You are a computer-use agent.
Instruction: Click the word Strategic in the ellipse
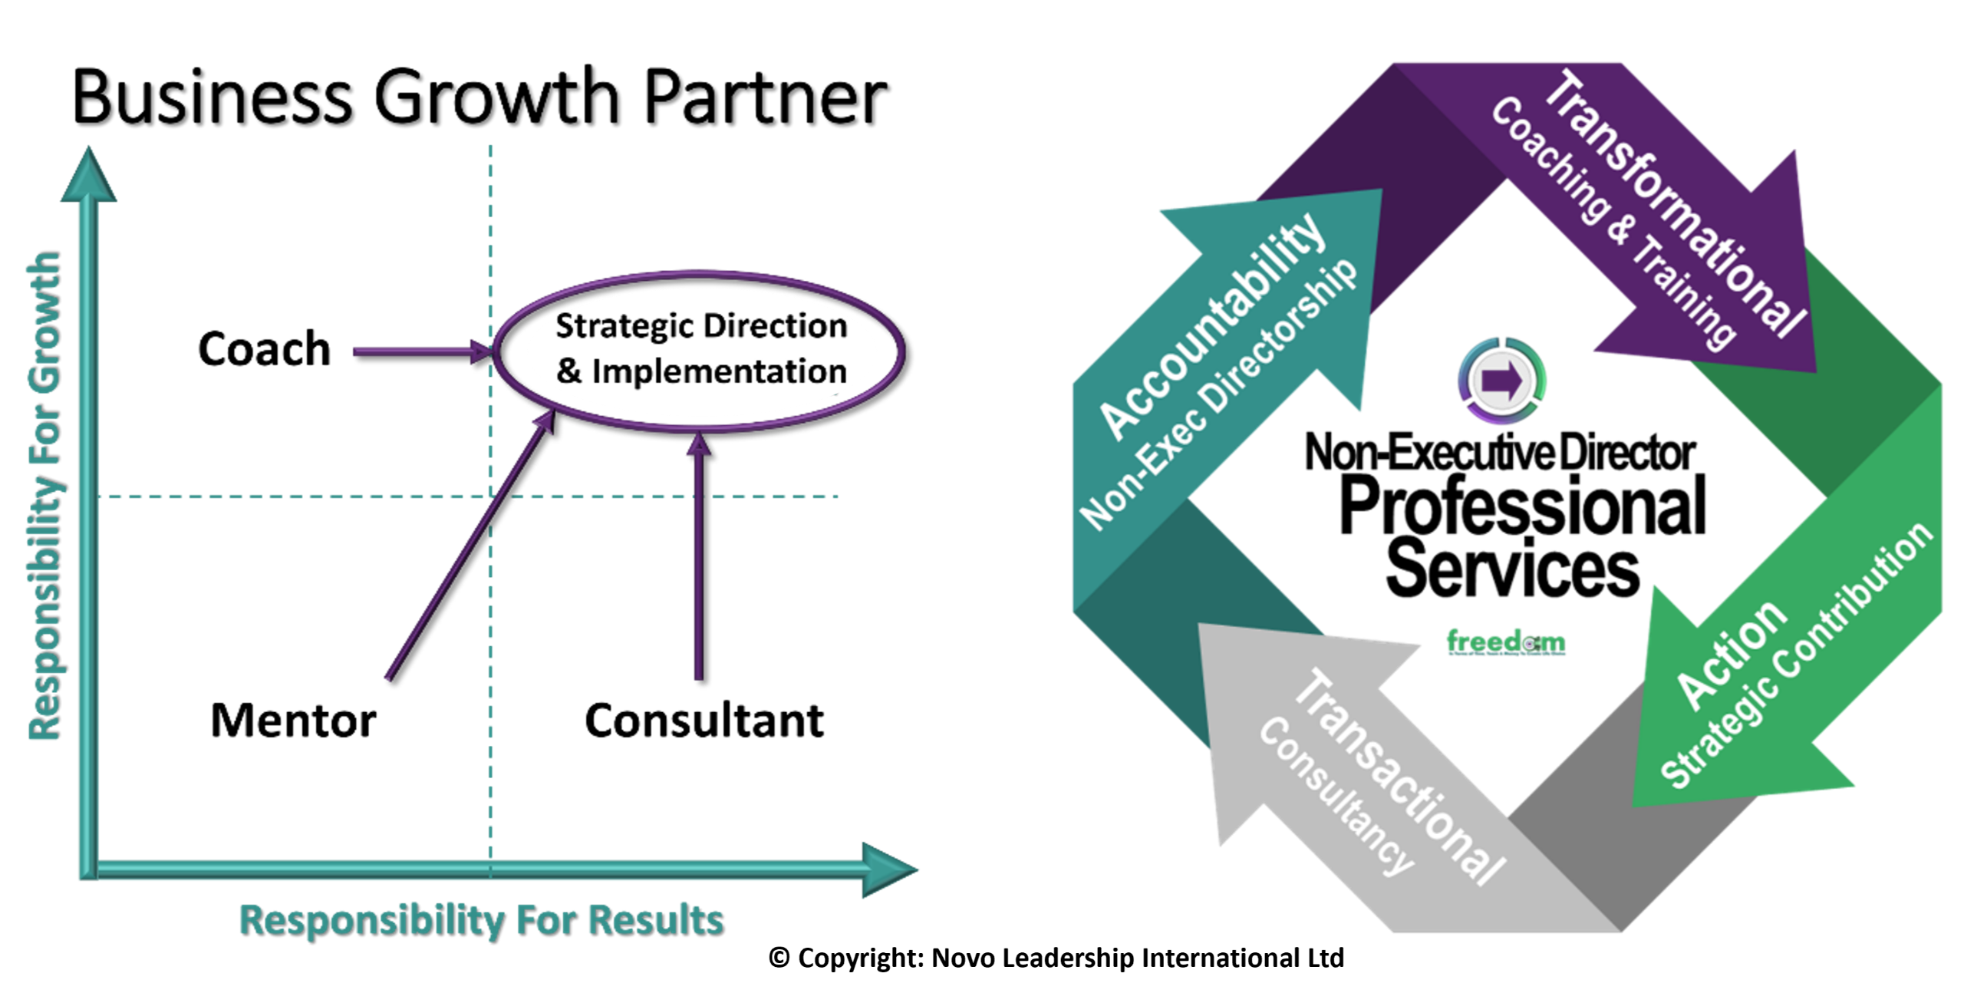[x=614, y=327]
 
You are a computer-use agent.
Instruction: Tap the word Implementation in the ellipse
[x=719, y=372]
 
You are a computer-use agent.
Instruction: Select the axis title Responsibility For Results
[x=481, y=919]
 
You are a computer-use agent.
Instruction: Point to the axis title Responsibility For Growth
[x=44, y=497]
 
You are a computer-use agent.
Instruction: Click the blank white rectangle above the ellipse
[x=702, y=214]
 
